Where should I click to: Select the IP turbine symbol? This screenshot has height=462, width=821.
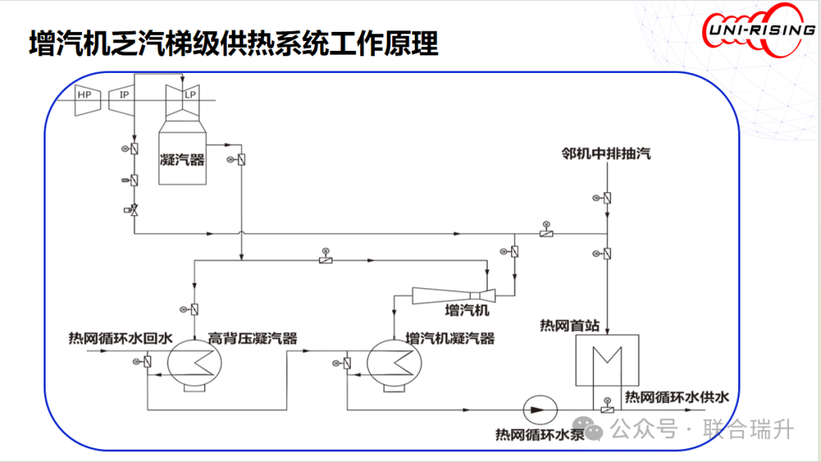click(122, 96)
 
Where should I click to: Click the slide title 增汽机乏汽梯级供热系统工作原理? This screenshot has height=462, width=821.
click(233, 43)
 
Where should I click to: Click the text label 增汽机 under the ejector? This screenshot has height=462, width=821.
click(467, 312)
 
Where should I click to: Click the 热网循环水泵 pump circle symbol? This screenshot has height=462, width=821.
click(540, 409)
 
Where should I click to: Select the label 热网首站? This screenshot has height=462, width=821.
click(569, 326)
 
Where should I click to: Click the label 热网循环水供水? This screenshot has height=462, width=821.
click(677, 397)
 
